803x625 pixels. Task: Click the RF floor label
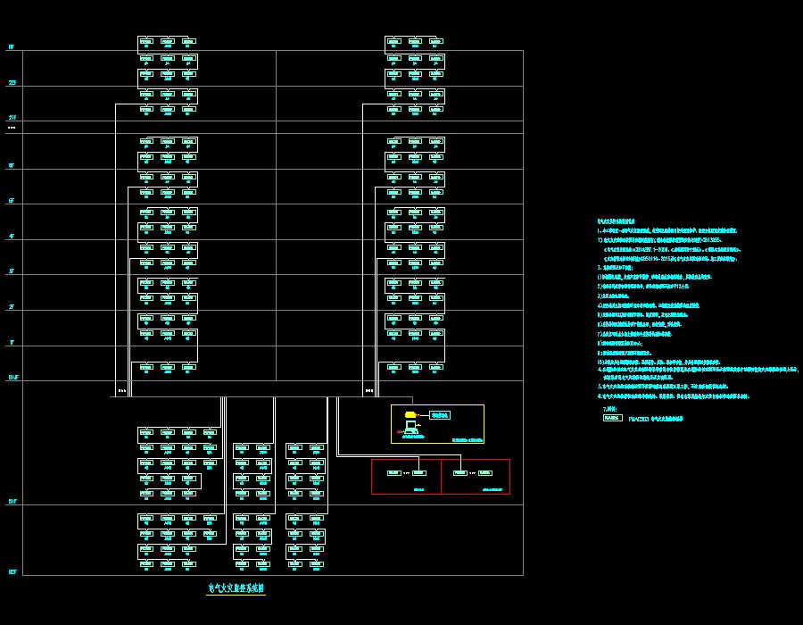point(12,46)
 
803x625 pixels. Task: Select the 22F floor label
point(12,83)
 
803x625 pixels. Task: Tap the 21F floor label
point(12,118)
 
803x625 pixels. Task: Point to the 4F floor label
point(12,237)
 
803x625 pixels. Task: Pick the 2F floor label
point(12,307)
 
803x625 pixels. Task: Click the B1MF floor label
point(13,378)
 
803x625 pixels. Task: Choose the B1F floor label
point(12,502)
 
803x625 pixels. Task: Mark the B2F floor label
point(12,571)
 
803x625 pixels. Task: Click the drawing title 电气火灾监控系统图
point(236,588)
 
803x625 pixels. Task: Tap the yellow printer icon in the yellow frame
point(410,414)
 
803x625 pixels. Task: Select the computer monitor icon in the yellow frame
point(411,427)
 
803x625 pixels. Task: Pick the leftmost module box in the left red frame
point(393,473)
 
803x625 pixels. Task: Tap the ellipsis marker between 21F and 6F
point(12,129)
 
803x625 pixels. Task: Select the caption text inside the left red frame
point(419,489)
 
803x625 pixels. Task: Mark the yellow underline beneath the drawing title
point(236,596)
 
